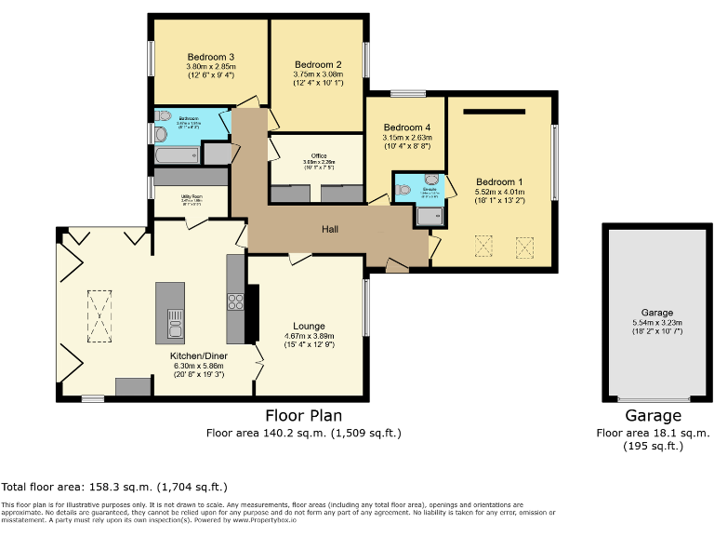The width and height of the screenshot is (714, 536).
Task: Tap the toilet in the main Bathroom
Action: point(163,117)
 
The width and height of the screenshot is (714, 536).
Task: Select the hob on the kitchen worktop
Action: point(234,301)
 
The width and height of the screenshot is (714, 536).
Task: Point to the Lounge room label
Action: point(309,326)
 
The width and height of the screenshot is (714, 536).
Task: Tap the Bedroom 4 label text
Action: point(407,127)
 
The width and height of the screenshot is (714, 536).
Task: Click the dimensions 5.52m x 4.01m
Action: point(500,191)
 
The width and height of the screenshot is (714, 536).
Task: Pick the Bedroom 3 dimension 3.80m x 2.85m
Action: point(211,67)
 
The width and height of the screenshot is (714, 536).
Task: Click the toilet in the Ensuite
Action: point(403,189)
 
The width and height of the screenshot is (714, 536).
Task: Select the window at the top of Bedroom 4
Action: point(407,93)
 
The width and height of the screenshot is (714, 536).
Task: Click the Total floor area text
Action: point(114,487)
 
